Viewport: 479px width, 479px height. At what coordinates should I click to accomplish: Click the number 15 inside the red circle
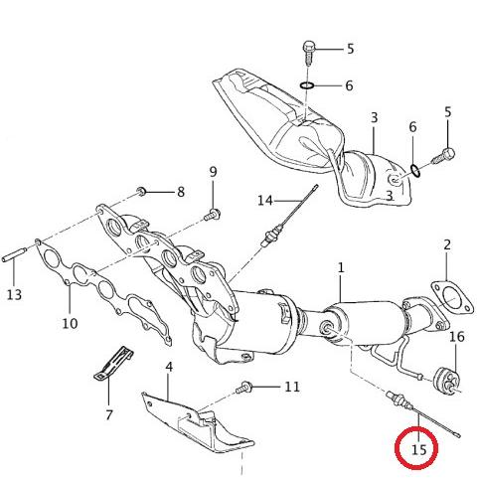coord(418,449)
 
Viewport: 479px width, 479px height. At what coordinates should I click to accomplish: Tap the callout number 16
coord(457,337)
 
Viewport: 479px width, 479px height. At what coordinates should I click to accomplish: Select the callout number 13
coord(14,294)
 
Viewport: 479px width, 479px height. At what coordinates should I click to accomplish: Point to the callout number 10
coord(70,323)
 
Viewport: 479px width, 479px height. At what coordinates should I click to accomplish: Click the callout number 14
coord(265,201)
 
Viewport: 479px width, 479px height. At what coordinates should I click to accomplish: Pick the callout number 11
coord(292,387)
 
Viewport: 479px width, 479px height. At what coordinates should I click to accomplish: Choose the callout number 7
coord(109,414)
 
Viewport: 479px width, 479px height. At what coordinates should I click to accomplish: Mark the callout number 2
coord(447,245)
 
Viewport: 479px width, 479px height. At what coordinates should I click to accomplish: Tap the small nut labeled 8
coord(142,191)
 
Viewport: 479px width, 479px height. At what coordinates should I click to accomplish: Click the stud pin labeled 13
coord(15,254)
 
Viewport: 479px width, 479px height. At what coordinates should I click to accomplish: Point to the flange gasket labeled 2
coord(451,299)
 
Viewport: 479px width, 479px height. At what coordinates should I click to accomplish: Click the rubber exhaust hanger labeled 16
coord(446,381)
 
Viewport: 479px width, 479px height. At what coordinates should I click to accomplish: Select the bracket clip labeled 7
coord(112,364)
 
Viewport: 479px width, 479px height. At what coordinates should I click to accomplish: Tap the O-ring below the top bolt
coord(307,85)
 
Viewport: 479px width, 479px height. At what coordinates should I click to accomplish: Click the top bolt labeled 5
coord(309,53)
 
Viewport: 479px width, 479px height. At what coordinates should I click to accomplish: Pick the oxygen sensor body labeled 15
coord(399,399)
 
